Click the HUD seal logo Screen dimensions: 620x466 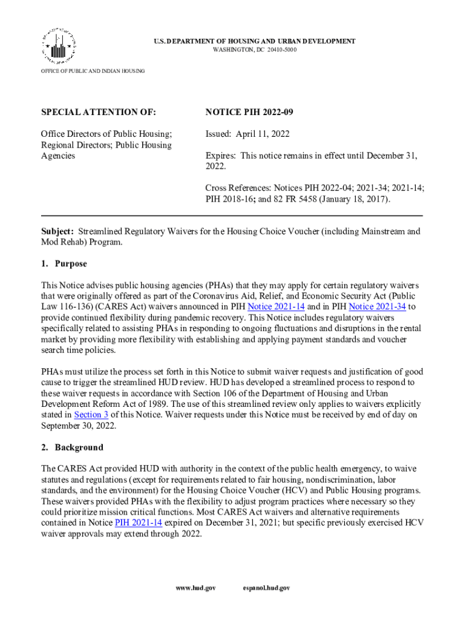coord(59,45)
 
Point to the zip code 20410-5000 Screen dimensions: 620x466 coord(280,49)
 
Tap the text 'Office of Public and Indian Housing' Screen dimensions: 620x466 coord(93,71)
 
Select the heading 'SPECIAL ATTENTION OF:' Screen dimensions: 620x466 coord(98,113)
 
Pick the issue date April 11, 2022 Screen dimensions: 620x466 coord(264,134)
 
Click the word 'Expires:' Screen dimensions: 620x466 coord(221,156)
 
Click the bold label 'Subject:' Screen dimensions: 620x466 coord(57,231)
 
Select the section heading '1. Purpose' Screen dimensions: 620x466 coord(64,264)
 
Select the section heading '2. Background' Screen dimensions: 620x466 coord(71,447)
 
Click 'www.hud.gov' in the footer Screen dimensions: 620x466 coord(195,588)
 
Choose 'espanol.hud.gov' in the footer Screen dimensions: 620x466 coord(266,588)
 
